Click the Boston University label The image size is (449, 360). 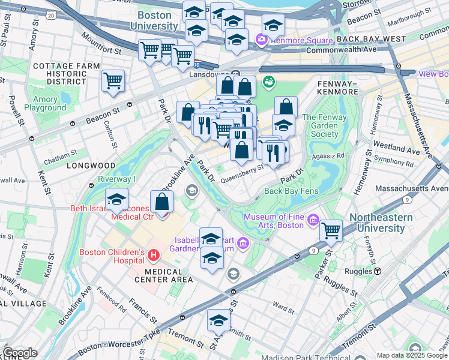tap(157, 21)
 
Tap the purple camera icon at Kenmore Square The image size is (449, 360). tap(261, 40)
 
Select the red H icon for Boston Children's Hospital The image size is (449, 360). tap(153, 256)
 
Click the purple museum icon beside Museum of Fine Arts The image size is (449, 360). tap(312, 220)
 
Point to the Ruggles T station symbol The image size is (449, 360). tap(378, 271)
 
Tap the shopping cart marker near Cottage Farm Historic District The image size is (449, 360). tap(113, 81)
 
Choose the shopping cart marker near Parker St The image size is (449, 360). tap(331, 230)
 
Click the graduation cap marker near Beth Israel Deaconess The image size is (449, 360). tap(117, 199)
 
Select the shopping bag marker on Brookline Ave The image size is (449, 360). tap(161, 202)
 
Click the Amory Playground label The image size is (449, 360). tap(46, 104)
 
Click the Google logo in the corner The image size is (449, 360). tap(20, 353)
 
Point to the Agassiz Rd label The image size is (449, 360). tap(333, 155)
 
